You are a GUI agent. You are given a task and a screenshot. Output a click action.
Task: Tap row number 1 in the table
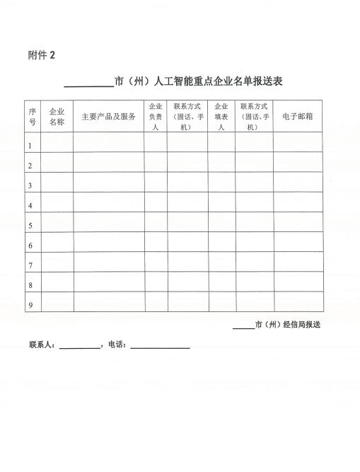point(30,146)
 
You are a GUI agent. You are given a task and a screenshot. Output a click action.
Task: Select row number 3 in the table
point(30,185)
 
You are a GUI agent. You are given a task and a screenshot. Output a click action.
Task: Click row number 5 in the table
point(30,226)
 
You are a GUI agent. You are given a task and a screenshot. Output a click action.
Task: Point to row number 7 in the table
point(30,265)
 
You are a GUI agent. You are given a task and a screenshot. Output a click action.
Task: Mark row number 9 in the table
point(30,305)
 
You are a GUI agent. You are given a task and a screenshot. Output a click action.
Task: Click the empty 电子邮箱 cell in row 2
point(298,165)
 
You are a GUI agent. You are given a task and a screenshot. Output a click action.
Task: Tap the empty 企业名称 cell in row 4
point(57,205)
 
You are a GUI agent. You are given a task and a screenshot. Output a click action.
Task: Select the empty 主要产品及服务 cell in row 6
point(108,246)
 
